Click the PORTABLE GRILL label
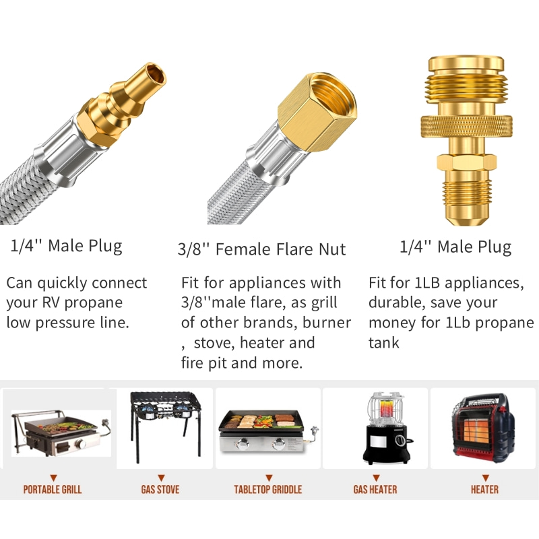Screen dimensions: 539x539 click(53, 489)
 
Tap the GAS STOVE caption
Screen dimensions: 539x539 click(160, 489)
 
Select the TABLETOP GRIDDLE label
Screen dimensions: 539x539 click(267, 489)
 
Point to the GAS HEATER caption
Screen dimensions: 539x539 click(375, 489)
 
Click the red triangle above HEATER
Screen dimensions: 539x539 click(485, 478)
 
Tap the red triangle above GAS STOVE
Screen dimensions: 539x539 click(161, 478)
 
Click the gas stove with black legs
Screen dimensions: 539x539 click(165, 427)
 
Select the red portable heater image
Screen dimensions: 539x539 click(482, 429)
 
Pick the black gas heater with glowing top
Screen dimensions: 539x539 click(386, 428)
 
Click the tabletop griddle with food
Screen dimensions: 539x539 click(267, 431)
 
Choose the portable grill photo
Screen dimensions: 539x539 click(61, 433)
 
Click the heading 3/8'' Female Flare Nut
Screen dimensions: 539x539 click(261, 249)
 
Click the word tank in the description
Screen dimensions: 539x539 click(383, 342)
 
